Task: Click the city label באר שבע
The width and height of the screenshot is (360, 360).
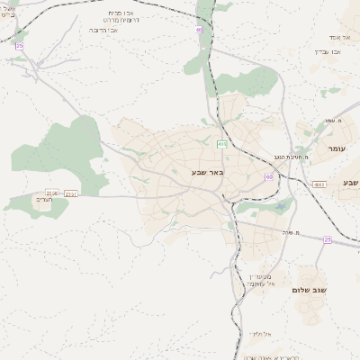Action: pos(207,171)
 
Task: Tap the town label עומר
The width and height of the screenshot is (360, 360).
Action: pos(337,148)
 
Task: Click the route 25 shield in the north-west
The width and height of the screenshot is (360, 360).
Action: pos(20,45)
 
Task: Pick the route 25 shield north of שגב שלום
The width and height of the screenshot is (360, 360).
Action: pos(328,239)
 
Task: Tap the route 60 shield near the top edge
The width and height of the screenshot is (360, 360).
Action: pos(199,30)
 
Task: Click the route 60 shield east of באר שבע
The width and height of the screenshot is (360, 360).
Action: pos(268,176)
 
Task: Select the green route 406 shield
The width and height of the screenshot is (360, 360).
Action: pos(221,143)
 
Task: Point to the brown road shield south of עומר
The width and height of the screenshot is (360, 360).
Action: pos(319,184)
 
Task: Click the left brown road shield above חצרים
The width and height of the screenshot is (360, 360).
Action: pos(52,193)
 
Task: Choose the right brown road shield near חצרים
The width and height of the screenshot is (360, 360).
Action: pos(71,193)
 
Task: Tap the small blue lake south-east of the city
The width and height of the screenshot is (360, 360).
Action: pos(282,206)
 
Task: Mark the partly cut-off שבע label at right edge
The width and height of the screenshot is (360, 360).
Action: pos(350,183)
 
